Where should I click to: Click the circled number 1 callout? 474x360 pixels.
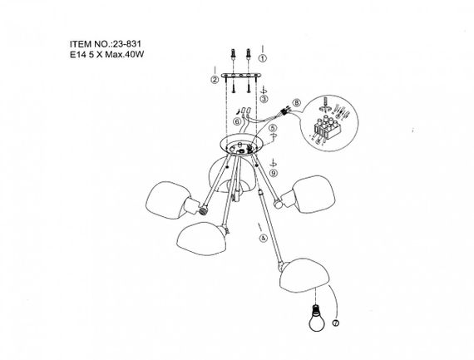pyautogui.click(x=263, y=58)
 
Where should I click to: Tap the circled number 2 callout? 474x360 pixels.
pyautogui.click(x=215, y=80)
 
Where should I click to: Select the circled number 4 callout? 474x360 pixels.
pyautogui.click(x=264, y=238)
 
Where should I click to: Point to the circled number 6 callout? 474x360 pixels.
pyautogui.click(x=237, y=121)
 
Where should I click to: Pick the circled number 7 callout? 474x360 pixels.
pyautogui.click(x=336, y=323)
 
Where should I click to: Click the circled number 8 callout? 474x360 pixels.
pyautogui.click(x=297, y=102)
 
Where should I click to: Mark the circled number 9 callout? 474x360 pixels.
pyautogui.click(x=274, y=173)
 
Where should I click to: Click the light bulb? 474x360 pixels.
pyautogui.click(x=317, y=318)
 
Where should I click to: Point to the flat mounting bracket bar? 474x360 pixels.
pyautogui.click(x=241, y=76)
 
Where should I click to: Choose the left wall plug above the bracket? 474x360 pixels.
pyautogui.click(x=233, y=55)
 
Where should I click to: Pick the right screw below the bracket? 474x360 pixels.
pyautogui.click(x=248, y=87)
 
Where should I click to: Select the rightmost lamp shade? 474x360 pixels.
pyautogui.click(x=314, y=194)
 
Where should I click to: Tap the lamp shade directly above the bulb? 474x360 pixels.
pyautogui.click(x=304, y=275)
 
